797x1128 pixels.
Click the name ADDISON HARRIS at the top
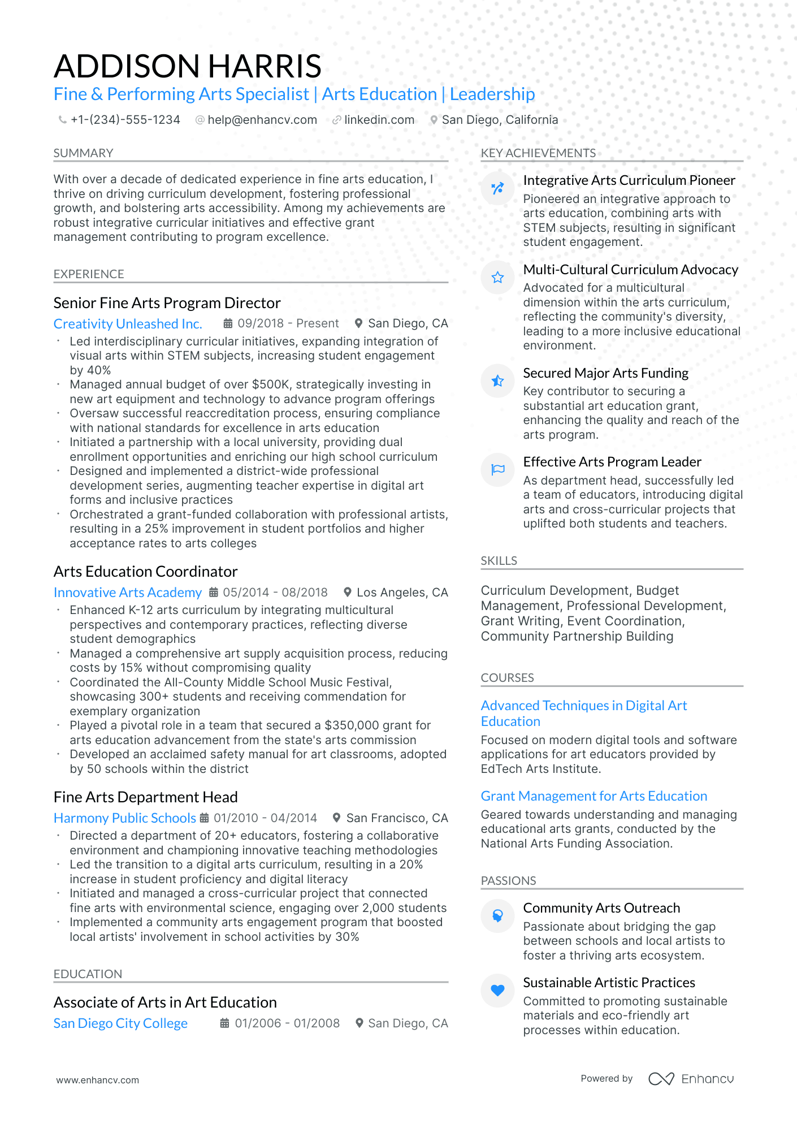tap(188, 66)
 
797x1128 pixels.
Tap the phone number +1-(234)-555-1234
tap(125, 120)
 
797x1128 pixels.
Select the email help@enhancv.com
tap(262, 120)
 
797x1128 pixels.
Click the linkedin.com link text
tap(379, 120)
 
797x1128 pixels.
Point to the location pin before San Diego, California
tap(434, 120)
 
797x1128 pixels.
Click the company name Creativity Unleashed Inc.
tap(128, 324)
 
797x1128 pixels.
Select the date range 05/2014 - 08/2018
tap(275, 593)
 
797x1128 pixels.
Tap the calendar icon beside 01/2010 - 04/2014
tap(205, 818)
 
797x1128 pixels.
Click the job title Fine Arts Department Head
tap(145, 797)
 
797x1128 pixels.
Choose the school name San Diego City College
tap(120, 1023)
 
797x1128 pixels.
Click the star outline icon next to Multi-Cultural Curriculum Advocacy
tap(497, 277)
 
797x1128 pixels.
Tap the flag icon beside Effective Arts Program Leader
tap(497, 469)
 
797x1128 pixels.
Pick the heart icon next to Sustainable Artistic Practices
tap(497, 990)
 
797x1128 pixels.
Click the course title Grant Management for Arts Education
tap(594, 796)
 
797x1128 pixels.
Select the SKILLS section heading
tap(499, 561)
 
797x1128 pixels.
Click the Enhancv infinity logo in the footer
tap(661, 1079)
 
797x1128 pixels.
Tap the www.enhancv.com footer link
tap(97, 1080)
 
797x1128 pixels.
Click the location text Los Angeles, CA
tap(402, 593)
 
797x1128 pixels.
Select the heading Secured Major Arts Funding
tap(605, 373)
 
